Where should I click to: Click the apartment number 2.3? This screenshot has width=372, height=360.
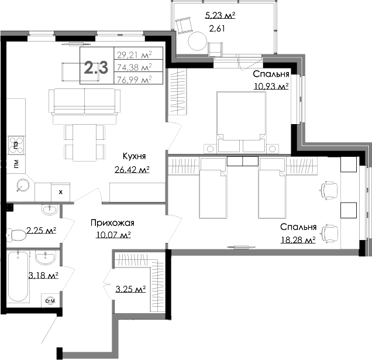pyautogui.click(x=96, y=67)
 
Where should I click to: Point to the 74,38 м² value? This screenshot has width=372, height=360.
pyautogui.click(x=134, y=67)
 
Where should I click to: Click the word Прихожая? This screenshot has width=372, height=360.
pyautogui.click(x=112, y=222)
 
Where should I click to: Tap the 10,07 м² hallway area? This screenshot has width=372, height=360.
pyautogui.click(x=112, y=235)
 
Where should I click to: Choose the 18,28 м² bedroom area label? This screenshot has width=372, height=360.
pyautogui.click(x=298, y=239)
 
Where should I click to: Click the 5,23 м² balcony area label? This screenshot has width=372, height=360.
pyautogui.click(x=219, y=16)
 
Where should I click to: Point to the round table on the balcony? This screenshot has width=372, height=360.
pyautogui.click(x=197, y=42)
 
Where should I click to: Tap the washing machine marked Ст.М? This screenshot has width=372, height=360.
pyautogui.click(x=50, y=301)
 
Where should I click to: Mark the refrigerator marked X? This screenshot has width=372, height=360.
pyautogui.click(x=60, y=191)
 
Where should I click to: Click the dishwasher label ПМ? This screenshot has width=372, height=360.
pyautogui.click(x=15, y=164)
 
